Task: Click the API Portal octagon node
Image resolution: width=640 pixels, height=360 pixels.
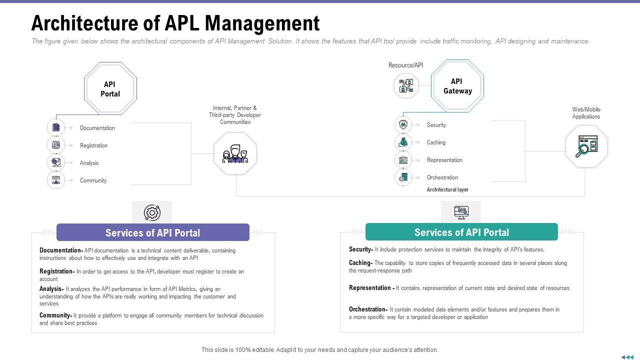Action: tap(110, 89)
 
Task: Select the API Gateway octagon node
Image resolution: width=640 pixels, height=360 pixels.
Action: tap(457, 86)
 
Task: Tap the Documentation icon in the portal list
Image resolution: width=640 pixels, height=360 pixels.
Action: tap(56, 127)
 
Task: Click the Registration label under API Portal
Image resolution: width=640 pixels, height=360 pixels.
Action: tap(93, 145)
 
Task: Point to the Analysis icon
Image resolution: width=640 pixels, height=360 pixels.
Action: tap(56, 162)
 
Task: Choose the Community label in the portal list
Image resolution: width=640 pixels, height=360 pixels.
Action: tap(93, 180)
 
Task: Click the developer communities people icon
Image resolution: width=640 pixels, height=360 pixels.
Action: tap(235, 153)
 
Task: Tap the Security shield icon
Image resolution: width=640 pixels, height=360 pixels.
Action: tap(403, 124)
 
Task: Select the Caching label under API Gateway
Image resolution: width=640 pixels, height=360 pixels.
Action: tap(436, 142)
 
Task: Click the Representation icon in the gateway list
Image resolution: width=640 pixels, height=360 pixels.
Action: tap(403, 160)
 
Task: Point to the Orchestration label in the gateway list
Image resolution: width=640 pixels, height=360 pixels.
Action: tap(442, 177)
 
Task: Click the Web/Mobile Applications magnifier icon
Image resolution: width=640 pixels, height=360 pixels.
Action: tap(586, 146)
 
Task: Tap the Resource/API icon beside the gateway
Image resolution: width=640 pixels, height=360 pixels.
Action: tap(406, 85)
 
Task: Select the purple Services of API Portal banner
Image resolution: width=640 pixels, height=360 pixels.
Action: tap(152, 232)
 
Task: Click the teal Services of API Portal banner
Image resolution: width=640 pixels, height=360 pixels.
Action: tap(461, 232)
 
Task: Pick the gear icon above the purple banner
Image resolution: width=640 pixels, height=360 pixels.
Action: tap(152, 212)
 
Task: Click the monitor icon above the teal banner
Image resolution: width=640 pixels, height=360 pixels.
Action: tap(461, 212)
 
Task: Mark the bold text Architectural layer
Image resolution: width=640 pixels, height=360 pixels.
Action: tap(447, 190)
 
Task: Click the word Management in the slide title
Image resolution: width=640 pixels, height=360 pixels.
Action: tap(262, 23)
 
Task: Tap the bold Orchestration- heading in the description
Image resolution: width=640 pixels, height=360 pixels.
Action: tap(368, 309)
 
